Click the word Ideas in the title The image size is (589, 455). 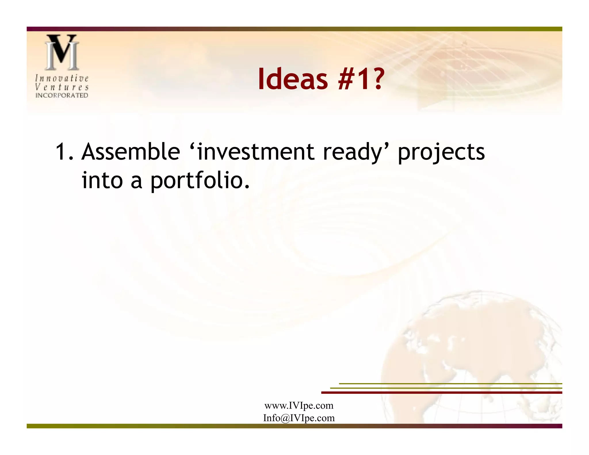tap(293, 79)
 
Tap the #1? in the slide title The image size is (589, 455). tap(361, 79)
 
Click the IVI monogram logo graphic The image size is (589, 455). tap(62, 52)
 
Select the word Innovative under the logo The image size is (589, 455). tap(62, 78)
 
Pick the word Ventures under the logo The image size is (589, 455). tap(62, 87)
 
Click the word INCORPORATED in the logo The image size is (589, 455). tap(62, 95)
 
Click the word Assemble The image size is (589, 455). tap(131, 152)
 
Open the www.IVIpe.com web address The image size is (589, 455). tap(299, 406)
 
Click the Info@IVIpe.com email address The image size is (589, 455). tap(299, 418)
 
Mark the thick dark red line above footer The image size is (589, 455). tap(441, 393)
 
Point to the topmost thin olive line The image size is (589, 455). tap(450, 384)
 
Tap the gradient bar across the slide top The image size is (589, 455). tap(294, 29)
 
